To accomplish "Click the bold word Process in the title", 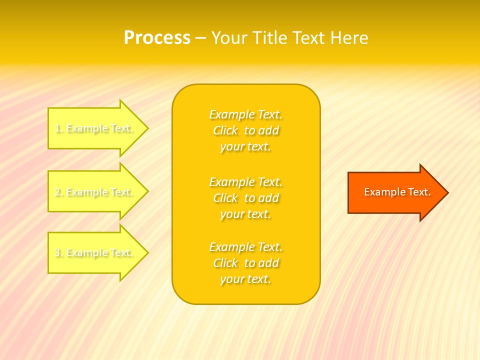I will click(x=157, y=38).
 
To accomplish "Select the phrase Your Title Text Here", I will click(x=289, y=38).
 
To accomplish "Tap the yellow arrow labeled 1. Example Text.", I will click(x=95, y=128).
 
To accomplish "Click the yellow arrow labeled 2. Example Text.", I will click(x=95, y=192).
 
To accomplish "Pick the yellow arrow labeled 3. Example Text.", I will click(x=95, y=253).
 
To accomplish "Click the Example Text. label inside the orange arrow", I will click(x=397, y=192).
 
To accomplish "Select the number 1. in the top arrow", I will click(x=59, y=128).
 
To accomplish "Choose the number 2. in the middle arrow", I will click(x=59, y=192).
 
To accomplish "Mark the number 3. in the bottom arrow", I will click(x=59, y=253).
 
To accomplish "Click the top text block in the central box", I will click(x=246, y=130).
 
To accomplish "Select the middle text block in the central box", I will click(x=246, y=198).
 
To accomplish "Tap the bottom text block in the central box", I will click(x=246, y=263).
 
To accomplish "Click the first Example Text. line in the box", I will click(x=246, y=114).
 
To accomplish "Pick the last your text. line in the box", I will click(x=245, y=279).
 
